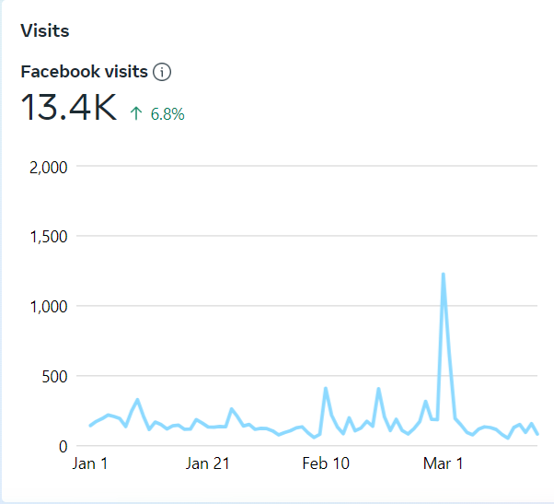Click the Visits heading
[x=45, y=31]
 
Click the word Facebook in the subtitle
[x=57, y=71]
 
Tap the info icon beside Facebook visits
[x=163, y=72]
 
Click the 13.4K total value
[x=69, y=109]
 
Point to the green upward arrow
[x=136, y=114]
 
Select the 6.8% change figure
[x=167, y=114]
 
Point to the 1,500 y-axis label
[x=49, y=237]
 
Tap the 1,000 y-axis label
[x=49, y=306]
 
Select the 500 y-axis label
[x=54, y=376]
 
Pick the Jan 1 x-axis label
[x=90, y=463]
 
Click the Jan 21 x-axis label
[x=208, y=463]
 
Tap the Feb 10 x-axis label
[x=326, y=463]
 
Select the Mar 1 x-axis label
[x=443, y=463]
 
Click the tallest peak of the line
[x=444, y=274]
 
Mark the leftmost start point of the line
[x=90, y=426]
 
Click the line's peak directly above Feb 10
[x=326, y=388]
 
